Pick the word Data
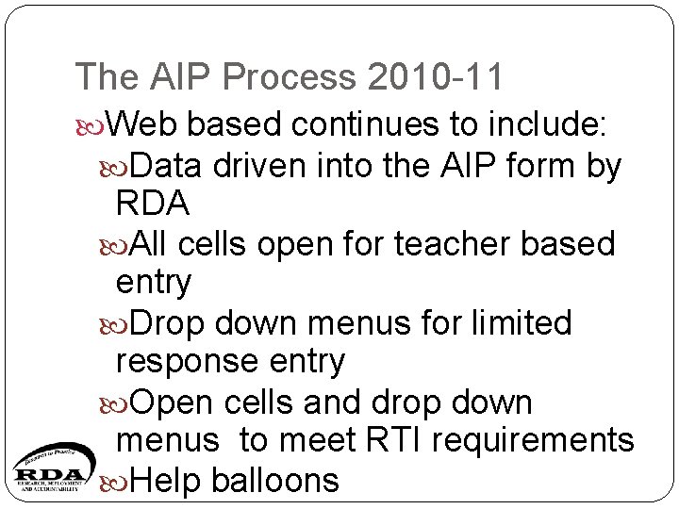pos(167,166)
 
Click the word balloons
pos(274,481)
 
